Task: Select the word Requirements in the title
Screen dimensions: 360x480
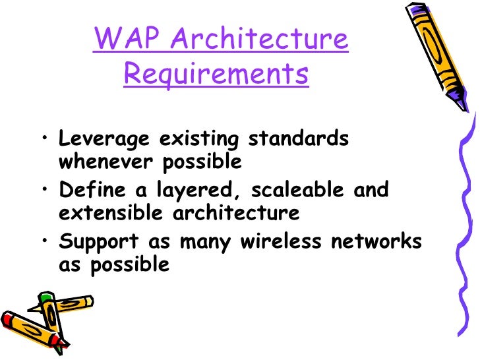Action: coord(216,75)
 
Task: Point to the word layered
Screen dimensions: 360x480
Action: coord(192,191)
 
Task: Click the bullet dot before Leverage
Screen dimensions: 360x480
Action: coord(43,139)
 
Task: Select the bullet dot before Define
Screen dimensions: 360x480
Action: coord(43,190)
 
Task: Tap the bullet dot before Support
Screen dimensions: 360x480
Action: coord(43,241)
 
